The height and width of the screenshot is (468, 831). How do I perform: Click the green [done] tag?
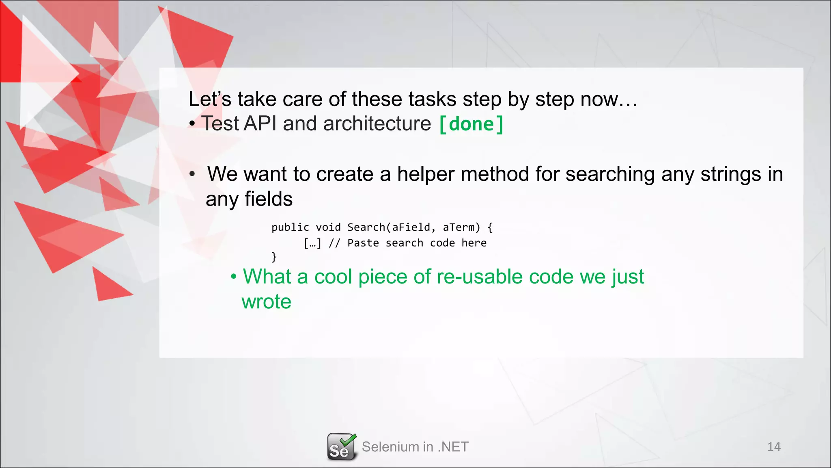[x=471, y=124]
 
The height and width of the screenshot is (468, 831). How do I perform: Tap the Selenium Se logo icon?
[x=342, y=447]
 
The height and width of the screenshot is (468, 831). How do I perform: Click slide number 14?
[x=774, y=447]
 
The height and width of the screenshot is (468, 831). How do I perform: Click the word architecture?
[x=377, y=123]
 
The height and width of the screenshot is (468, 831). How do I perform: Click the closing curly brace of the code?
[x=274, y=257]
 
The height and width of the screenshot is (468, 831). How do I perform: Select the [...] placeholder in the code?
[x=312, y=243]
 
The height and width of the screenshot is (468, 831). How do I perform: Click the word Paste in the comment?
[x=363, y=243]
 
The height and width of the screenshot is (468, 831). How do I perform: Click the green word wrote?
[x=267, y=302]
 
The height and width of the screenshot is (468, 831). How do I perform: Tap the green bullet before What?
[x=233, y=277]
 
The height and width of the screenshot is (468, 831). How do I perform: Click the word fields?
[x=268, y=199]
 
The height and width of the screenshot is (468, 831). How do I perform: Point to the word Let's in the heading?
[x=210, y=99]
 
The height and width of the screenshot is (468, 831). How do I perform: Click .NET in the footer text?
[x=453, y=447]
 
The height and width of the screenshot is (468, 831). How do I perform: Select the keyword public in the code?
[x=290, y=227]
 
